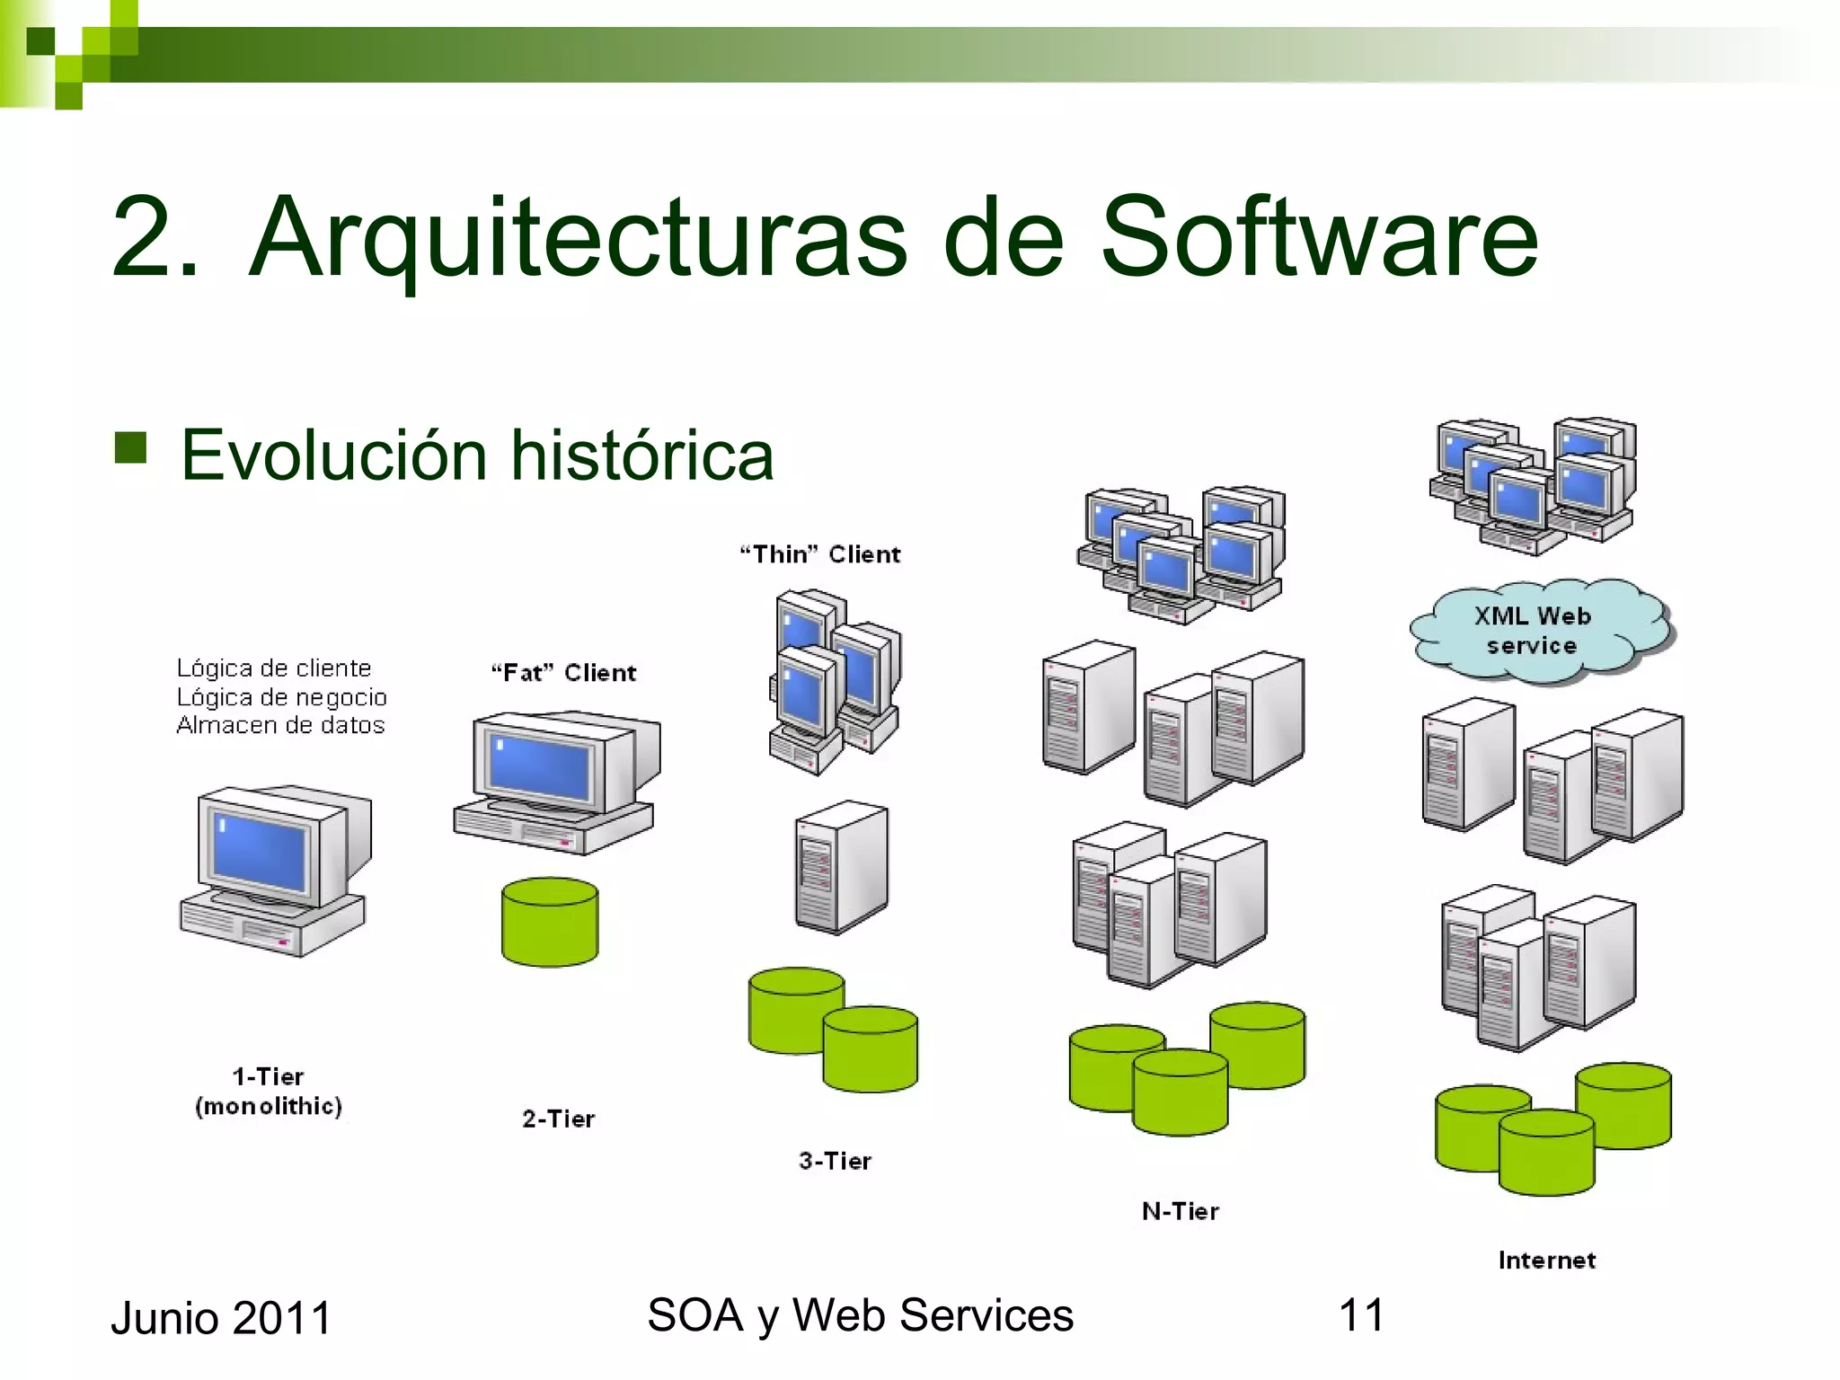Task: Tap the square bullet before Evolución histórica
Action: click(x=131, y=447)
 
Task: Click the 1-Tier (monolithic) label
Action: click(x=269, y=1091)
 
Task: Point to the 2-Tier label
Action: click(x=558, y=1119)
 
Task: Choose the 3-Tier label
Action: click(x=835, y=1161)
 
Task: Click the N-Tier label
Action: click(x=1180, y=1211)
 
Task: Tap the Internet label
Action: click(x=1546, y=1260)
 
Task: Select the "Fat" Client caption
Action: click(x=563, y=672)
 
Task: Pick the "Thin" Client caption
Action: click(x=819, y=553)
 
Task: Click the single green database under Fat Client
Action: click(x=550, y=923)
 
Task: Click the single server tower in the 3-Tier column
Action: click(x=840, y=867)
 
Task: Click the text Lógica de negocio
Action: click(x=281, y=697)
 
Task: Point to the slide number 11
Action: click(x=1360, y=1315)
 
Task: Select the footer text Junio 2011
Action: click(x=221, y=1318)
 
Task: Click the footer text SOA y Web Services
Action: click(x=860, y=1315)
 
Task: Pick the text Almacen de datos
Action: click(x=280, y=725)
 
